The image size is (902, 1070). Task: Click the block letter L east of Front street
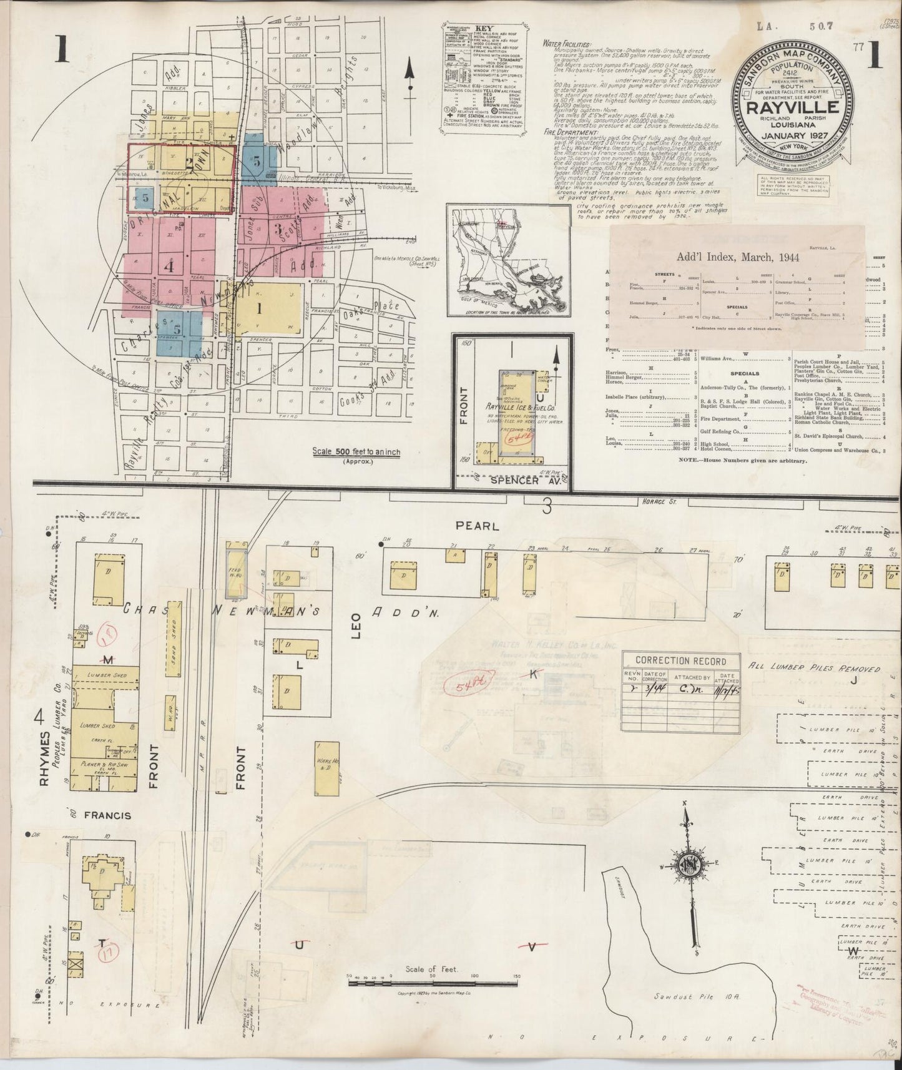point(299,665)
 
